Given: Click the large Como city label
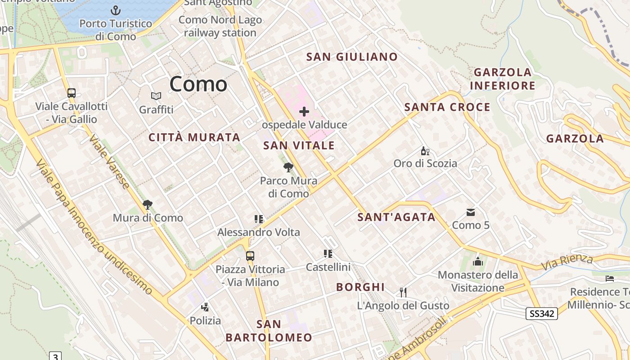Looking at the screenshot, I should pos(198,84).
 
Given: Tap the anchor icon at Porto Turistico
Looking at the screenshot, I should pos(116,10).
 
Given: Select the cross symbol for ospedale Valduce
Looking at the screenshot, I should pos(304,111).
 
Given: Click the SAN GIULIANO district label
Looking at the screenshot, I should pos(352,57).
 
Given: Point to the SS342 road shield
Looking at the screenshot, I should pos(542,314).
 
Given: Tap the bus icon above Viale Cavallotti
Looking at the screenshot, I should pos(72,93).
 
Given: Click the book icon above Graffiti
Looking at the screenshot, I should pos(156,96).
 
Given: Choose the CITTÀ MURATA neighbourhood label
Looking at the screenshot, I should pos(194,137).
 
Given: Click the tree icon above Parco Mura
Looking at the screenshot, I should pos(288,168).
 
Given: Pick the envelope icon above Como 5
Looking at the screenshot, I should pos(471,212).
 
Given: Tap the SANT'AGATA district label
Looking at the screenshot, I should pos(396,217).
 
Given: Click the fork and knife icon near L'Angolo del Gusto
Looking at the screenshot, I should pos(403,292).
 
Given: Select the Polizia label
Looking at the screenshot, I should pos(205,320).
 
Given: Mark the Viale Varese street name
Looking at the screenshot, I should pos(109,161).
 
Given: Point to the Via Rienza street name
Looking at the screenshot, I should pos(567,261).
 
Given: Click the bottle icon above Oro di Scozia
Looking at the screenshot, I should pos(424,151).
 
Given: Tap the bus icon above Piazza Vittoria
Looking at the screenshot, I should pos(250,256).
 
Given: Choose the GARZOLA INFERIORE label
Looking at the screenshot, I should pos(503,79).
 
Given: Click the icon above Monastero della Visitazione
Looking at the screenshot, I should pos(477,261).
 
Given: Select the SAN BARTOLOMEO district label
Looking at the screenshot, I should pos(269,331).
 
